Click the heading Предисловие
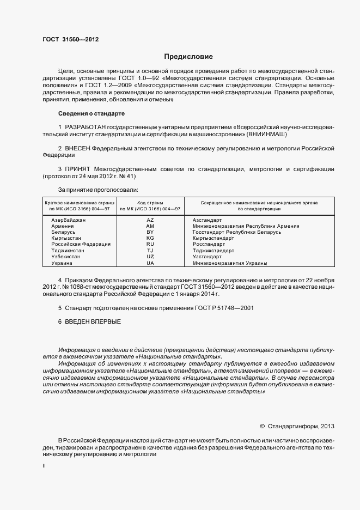188,57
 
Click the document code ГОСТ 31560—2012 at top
70,39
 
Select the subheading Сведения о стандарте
91,113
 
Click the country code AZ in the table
150,220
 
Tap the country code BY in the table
150,232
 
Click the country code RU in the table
150,245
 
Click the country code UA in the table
150,263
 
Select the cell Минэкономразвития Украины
230,263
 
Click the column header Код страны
150,202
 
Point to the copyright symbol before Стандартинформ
262,426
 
